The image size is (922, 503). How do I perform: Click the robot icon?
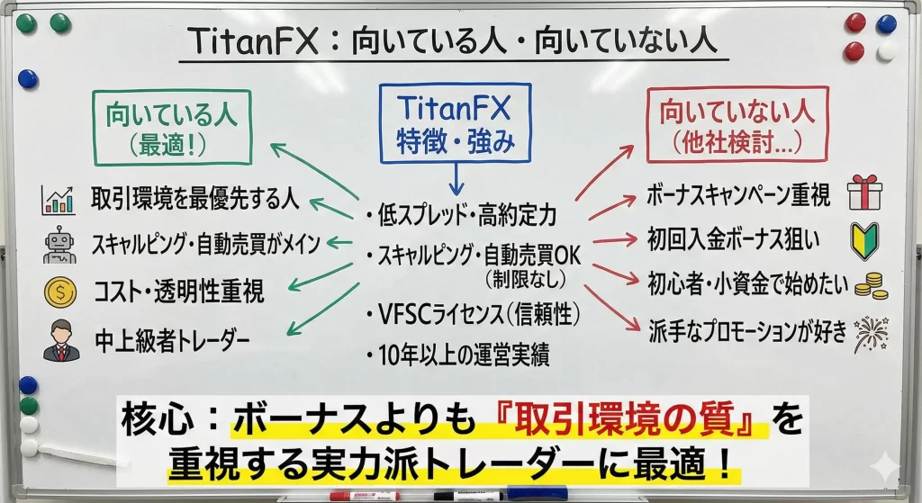(59, 245)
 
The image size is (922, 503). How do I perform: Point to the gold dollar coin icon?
(60, 292)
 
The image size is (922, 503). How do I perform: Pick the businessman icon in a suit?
(61, 340)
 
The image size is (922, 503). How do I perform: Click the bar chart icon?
(59, 200)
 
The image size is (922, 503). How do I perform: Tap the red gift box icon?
(865, 193)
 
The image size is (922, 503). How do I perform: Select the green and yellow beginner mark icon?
(864, 240)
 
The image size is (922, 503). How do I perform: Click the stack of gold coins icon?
(871, 285)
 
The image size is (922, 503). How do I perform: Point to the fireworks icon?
(871, 335)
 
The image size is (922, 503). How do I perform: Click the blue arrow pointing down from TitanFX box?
(456, 179)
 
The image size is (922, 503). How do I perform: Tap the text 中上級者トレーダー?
(172, 340)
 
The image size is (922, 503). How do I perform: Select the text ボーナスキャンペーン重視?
(738, 194)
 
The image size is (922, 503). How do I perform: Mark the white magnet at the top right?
(886, 51)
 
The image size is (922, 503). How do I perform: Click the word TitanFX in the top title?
(253, 41)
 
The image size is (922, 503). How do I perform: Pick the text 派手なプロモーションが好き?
(747, 331)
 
